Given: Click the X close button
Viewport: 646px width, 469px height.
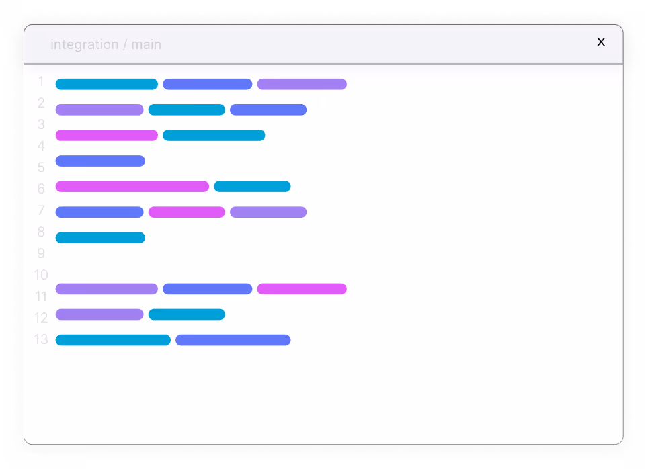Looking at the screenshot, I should (x=601, y=42).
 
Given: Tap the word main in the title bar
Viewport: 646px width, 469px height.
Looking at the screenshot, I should (x=146, y=45).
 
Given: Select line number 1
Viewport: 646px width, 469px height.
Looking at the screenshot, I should (x=41, y=82).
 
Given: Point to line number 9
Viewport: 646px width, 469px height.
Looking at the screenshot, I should (x=41, y=254).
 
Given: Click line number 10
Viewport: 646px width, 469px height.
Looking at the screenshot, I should (x=41, y=275).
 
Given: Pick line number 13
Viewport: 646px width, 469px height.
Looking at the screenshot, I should (x=41, y=339).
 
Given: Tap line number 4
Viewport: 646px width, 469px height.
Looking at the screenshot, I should (x=41, y=146).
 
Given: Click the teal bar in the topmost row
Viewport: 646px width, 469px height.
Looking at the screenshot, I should (x=106, y=84).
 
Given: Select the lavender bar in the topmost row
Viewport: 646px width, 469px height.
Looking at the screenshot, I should (x=302, y=84).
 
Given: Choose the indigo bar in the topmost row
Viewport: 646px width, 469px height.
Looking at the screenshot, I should (x=207, y=84).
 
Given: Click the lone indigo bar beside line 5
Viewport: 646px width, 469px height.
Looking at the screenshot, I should (x=100, y=161).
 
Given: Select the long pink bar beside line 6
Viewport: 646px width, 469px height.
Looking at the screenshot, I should (x=132, y=187).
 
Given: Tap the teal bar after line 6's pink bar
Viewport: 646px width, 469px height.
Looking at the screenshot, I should (x=252, y=187).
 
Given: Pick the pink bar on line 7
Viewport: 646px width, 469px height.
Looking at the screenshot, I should (x=186, y=212).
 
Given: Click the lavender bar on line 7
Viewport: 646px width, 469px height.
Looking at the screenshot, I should (x=268, y=212).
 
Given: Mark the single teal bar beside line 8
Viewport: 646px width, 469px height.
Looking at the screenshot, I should (x=100, y=238).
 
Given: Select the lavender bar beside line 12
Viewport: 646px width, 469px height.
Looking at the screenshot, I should (x=99, y=314).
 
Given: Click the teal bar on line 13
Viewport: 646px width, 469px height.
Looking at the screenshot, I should (x=113, y=340).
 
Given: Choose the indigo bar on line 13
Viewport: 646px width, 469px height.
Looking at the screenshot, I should (x=233, y=340).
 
